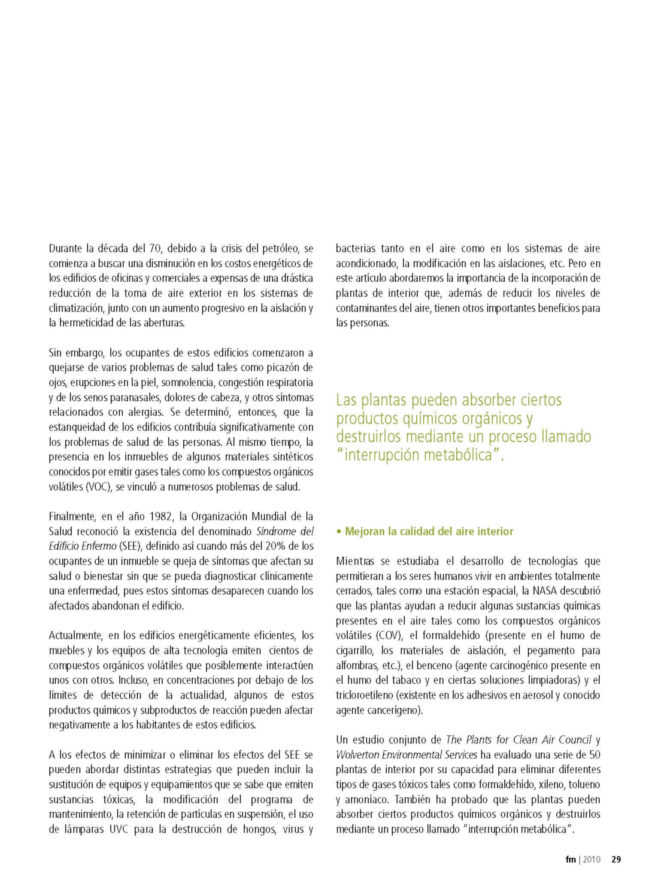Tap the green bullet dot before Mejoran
339,532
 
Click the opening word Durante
65,248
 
